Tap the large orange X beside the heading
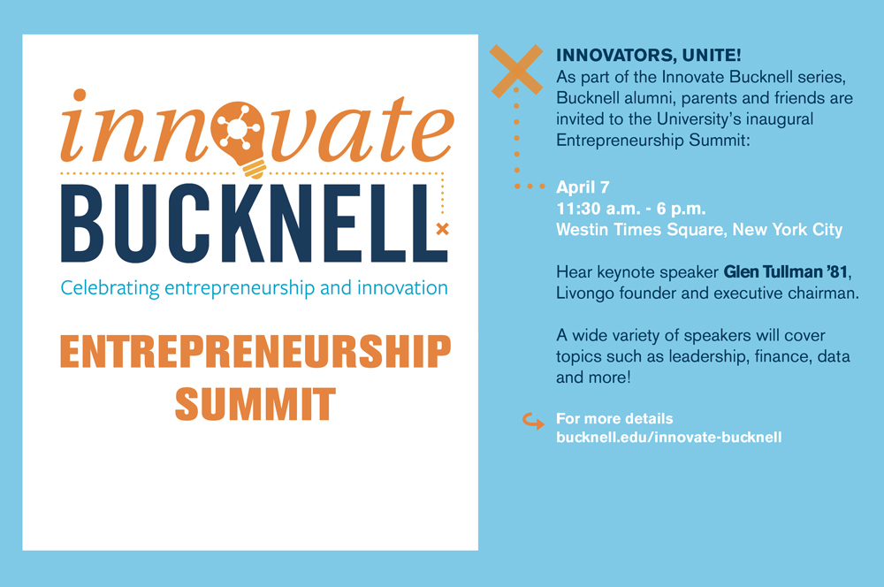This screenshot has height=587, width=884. [516, 71]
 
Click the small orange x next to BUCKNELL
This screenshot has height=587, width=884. [443, 229]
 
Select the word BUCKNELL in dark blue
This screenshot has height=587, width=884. [254, 224]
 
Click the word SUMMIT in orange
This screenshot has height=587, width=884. [255, 404]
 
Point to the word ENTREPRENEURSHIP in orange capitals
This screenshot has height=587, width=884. [255, 351]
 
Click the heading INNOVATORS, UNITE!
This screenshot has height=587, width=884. [648, 56]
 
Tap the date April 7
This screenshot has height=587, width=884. [583, 187]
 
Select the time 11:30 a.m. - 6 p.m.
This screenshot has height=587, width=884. [631, 209]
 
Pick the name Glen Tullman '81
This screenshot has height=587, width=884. [786, 271]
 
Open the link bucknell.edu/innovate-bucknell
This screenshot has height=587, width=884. [668, 438]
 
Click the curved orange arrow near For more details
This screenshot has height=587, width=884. [533, 421]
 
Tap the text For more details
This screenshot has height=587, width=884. [614, 418]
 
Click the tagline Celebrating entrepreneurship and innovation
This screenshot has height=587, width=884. [255, 288]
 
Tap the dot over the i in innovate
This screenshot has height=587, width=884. [80, 95]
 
